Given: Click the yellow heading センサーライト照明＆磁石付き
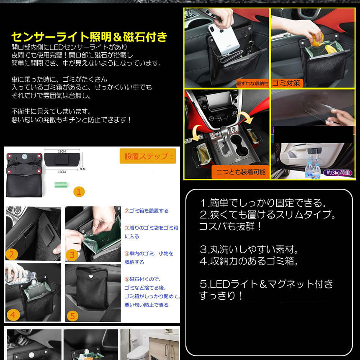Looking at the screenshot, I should pos(89,37).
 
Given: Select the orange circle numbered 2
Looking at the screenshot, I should pos(12,254).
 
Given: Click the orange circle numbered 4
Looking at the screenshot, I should pos(13,314).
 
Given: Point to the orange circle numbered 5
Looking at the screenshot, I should pos(72,314).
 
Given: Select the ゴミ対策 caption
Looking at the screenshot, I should pos(287,82).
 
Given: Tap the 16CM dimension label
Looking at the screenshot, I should pos(62,171).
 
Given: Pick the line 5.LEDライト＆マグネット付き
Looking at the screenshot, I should pos(266,284).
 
